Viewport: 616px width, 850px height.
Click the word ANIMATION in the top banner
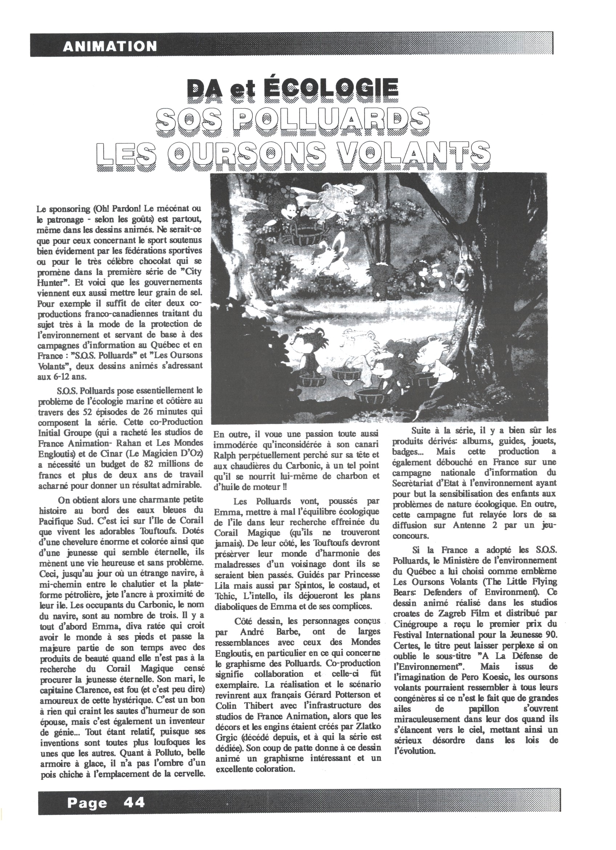[110, 46]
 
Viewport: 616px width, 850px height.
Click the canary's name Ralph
[224, 455]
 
